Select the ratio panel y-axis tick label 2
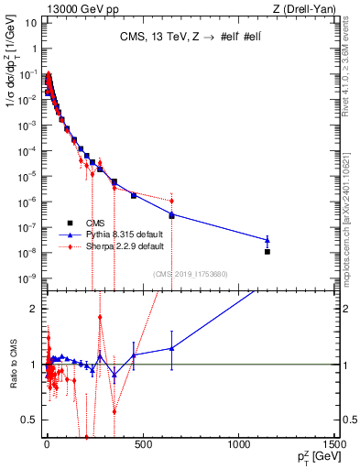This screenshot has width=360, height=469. (x=33, y=309)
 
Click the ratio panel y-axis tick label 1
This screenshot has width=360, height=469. (x=33, y=365)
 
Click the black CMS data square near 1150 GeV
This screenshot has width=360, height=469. (x=267, y=251)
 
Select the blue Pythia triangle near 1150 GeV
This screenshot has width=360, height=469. (x=267, y=240)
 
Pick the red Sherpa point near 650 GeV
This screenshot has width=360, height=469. (x=171, y=201)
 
